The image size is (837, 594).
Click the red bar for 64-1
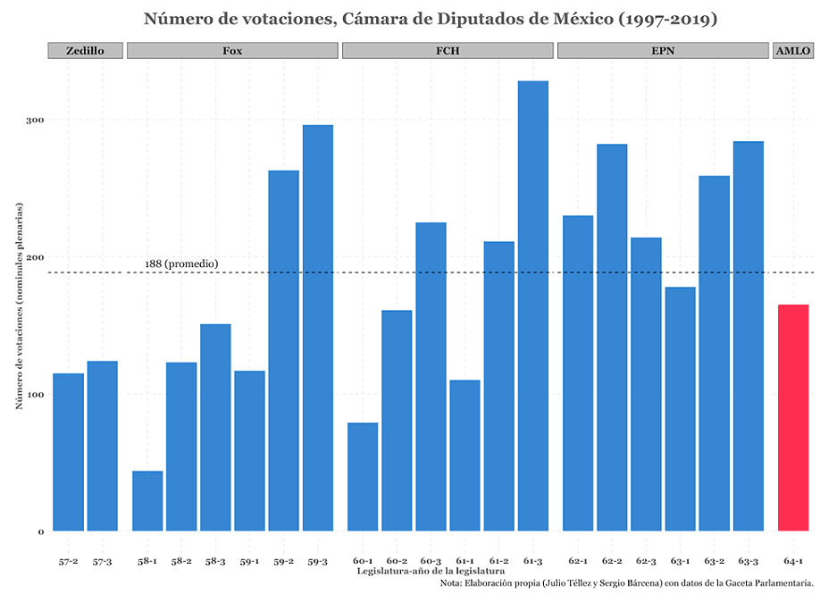(x=793, y=418)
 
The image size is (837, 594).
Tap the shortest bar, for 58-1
(x=147, y=501)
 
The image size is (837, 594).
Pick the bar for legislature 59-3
(x=318, y=328)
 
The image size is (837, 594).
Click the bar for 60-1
(x=363, y=477)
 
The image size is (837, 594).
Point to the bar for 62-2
(x=612, y=338)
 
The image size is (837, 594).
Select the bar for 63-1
(x=680, y=409)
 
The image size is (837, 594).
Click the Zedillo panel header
(x=85, y=51)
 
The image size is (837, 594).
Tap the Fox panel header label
(x=232, y=51)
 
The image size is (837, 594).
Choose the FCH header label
(x=448, y=51)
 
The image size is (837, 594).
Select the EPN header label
(x=663, y=51)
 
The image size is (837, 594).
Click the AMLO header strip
(x=793, y=51)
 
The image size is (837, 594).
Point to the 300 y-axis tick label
(x=34, y=120)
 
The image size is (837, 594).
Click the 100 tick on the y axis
(x=34, y=394)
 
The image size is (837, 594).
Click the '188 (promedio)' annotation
(x=181, y=264)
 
